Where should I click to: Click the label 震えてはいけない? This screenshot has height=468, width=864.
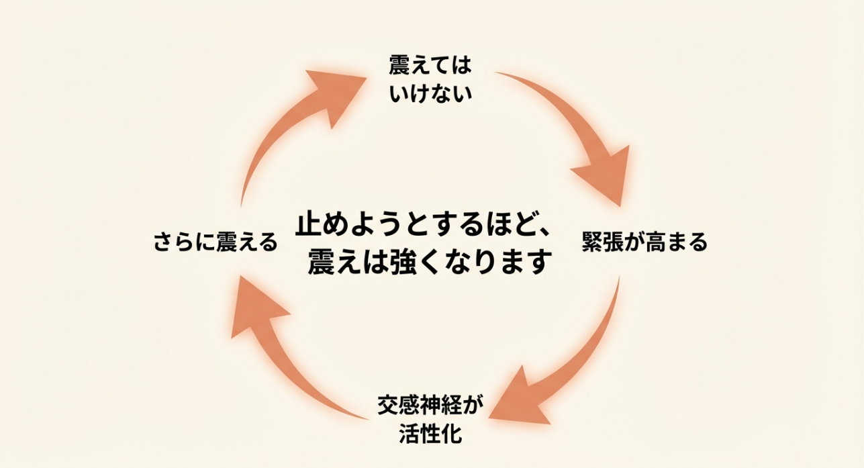tap(431, 79)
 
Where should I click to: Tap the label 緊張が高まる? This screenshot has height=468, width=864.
tap(644, 242)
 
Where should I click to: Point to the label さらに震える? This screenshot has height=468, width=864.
tap(215, 242)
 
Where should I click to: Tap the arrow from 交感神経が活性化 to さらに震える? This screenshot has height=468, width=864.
tap(289, 363)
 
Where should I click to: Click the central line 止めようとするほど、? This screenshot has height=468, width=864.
tap(423, 224)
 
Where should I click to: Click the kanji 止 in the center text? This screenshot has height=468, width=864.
tap(311, 224)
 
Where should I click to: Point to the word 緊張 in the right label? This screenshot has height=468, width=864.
tap(602, 242)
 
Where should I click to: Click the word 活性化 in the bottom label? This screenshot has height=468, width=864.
tap(430, 433)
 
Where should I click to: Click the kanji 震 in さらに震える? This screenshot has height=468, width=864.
tap(226, 242)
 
